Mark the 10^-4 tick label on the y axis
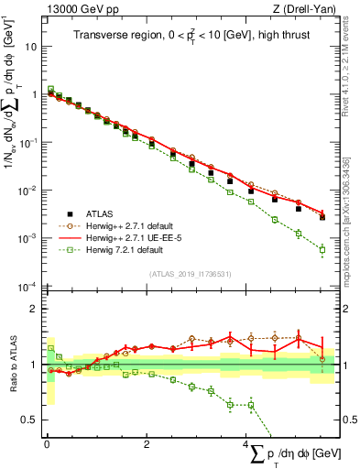27,287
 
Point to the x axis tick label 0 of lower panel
47,445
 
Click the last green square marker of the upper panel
322,249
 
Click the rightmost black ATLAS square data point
322,217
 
